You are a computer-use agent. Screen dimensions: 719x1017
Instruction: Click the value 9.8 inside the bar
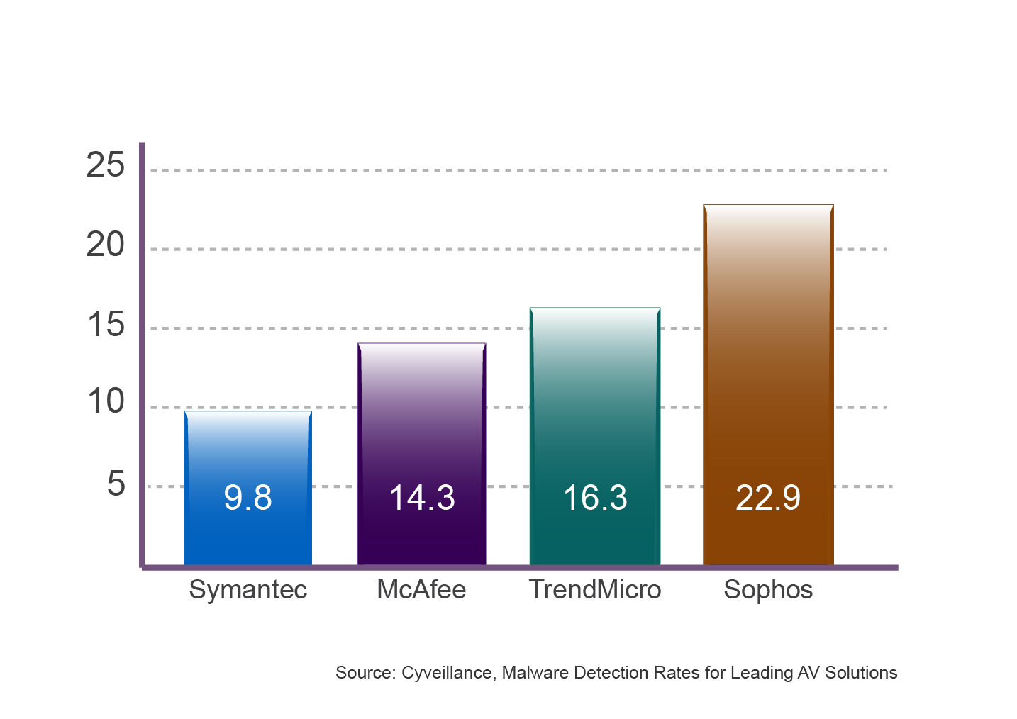248,498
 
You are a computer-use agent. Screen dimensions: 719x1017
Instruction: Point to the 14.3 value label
421,498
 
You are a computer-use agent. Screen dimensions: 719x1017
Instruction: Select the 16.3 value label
595,498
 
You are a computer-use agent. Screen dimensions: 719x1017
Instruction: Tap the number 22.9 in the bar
768,498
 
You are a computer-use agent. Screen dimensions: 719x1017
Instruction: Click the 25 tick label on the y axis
105,166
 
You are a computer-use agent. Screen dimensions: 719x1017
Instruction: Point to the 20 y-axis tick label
105,245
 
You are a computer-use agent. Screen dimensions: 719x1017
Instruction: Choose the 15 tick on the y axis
105,325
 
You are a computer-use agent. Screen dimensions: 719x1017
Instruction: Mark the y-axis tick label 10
105,402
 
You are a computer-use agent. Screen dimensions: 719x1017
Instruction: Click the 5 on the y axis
116,484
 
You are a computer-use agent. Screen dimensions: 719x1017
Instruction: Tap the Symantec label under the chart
248,590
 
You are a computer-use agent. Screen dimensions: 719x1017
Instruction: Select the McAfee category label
421,590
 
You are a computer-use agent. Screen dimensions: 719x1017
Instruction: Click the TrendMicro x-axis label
595,590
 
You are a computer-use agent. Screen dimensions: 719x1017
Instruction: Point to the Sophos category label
768,590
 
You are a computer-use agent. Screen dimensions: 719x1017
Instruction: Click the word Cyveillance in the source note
447,673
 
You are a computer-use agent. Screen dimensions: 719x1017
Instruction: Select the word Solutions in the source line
861,673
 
